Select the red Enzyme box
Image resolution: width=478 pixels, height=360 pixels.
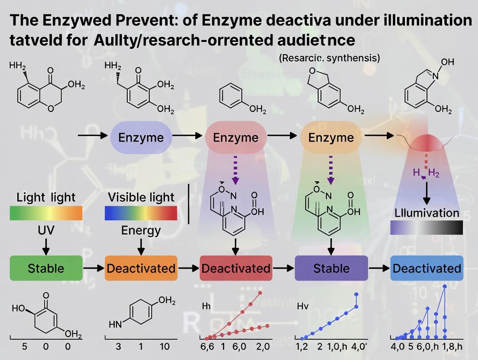(x=236, y=137)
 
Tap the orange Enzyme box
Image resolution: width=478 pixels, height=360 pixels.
(x=331, y=137)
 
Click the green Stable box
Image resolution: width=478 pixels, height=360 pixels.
(x=46, y=268)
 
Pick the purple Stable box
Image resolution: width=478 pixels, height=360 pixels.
(x=331, y=268)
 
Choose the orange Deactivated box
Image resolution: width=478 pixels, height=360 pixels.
(x=141, y=268)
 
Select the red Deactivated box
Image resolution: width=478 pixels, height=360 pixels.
(x=236, y=268)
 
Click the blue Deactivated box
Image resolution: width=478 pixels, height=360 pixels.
(x=426, y=268)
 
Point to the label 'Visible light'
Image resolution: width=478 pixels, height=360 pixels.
(x=141, y=197)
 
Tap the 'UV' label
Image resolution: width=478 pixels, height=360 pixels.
(x=46, y=230)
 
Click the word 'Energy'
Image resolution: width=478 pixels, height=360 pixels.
(x=141, y=230)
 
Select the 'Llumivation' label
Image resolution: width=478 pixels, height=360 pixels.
(x=426, y=213)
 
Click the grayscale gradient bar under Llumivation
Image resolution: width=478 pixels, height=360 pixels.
(x=426, y=227)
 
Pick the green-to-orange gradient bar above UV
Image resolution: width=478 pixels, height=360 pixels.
(x=46, y=213)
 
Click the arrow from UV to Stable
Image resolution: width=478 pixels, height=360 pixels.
(x=46, y=247)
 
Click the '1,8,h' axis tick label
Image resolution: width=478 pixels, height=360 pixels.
(x=449, y=347)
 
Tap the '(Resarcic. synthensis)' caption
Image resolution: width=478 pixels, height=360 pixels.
(x=330, y=58)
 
